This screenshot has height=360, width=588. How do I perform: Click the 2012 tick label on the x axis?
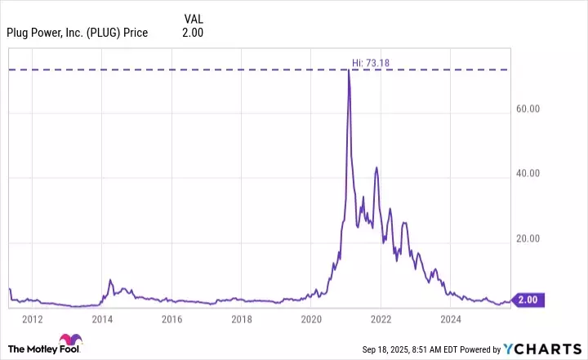pyautogui.click(x=33, y=319)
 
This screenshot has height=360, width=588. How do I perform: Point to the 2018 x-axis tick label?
pyautogui.click(x=241, y=319)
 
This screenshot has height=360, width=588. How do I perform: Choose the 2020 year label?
pyautogui.click(x=310, y=319)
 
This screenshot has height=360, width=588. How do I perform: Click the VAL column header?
pyautogui.click(x=194, y=16)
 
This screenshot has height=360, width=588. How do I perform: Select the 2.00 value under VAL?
pyautogui.click(x=193, y=33)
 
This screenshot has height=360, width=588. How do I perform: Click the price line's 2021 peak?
pyautogui.click(x=349, y=70)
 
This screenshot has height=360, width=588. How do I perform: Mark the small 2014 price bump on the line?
pyautogui.click(x=110, y=280)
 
